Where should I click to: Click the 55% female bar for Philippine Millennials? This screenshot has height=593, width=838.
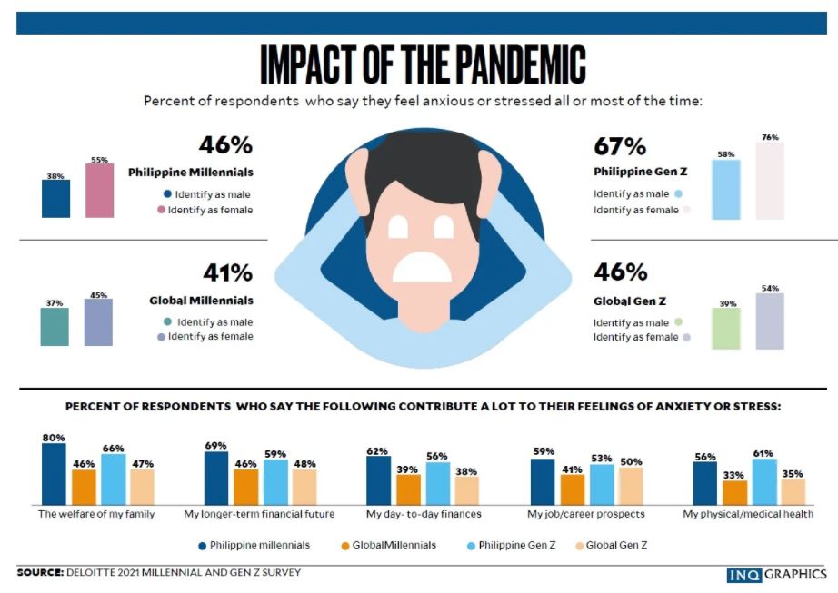(x=100, y=191)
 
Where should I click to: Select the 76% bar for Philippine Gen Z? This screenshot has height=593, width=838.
(x=769, y=181)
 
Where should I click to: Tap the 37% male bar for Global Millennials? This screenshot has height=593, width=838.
(x=55, y=327)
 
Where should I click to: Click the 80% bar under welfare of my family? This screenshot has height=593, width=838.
(x=54, y=474)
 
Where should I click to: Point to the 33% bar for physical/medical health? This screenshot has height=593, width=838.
(x=734, y=492)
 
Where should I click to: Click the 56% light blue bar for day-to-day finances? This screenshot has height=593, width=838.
(x=438, y=483)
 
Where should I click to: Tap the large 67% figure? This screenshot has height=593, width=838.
(x=620, y=146)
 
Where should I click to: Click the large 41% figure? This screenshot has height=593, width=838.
(x=226, y=272)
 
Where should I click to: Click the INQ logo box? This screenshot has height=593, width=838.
(x=744, y=575)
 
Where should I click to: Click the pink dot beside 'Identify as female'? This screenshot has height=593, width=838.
(x=161, y=211)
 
